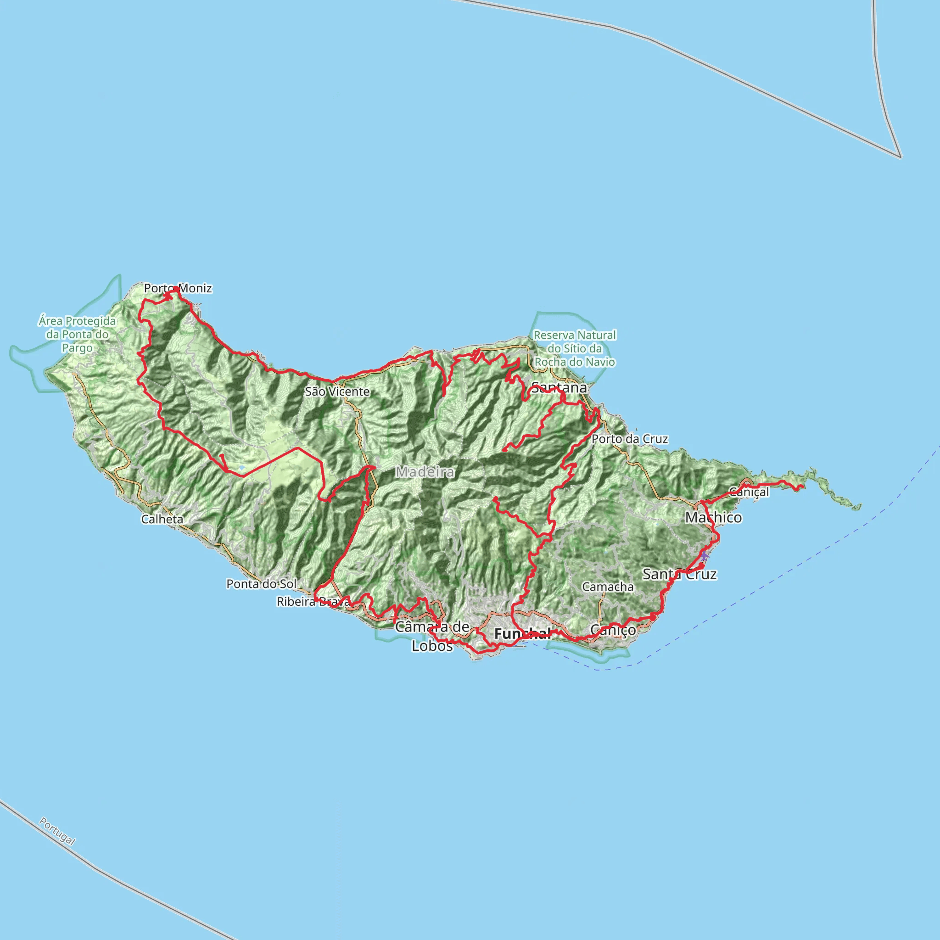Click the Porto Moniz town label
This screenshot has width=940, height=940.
(x=178, y=289)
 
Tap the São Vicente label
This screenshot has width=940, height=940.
(x=337, y=392)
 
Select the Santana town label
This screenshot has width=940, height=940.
(x=559, y=388)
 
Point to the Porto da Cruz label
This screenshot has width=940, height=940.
(x=630, y=439)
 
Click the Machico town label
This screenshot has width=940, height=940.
(x=713, y=518)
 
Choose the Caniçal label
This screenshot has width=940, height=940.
(x=749, y=492)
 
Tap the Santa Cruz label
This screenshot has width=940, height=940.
(x=679, y=574)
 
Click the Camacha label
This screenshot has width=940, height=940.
(x=608, y=587)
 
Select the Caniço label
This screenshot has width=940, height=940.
(x=613, y=630)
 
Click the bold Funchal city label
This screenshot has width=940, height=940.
(x=522, y=633)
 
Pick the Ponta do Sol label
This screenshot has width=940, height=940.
(x=261, y=583)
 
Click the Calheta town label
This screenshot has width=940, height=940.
(x=162, y=519)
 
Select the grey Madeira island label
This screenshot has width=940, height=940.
(x=425, y=471)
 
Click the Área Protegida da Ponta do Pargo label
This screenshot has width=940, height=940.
(x=78, y=334)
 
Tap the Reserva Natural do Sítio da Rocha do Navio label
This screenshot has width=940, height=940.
(x=575, y=348)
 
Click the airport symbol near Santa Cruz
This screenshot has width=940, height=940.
(x=704, y=556)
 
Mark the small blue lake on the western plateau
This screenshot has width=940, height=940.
(x=242, y=468)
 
